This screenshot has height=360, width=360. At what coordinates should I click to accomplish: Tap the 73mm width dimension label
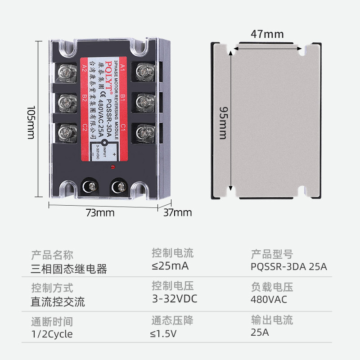click(100, 212)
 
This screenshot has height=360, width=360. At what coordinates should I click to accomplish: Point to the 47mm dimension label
click(267, 34)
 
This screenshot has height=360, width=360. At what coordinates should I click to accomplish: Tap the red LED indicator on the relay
click(111, 169)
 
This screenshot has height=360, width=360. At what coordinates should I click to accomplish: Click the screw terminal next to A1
click(144, 71)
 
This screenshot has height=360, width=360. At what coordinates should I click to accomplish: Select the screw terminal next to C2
click(67, 132)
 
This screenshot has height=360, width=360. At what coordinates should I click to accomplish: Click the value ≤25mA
click(170, 266)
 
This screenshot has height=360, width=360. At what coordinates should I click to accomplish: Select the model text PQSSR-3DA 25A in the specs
click(288, 266)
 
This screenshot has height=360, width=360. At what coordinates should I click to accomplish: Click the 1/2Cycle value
click(52, 334)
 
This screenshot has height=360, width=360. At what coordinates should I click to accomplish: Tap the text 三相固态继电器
click(68, 269)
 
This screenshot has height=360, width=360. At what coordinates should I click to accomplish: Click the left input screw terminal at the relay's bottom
click(87, 186)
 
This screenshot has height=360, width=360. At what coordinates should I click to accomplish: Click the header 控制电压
click(173, 286)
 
